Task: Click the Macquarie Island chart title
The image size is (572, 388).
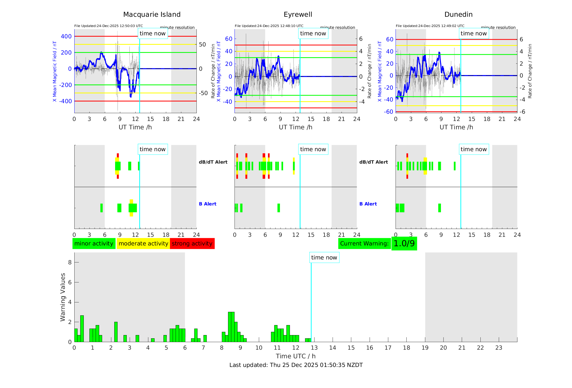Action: (152, 15)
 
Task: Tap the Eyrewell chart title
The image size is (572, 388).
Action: (298, 15)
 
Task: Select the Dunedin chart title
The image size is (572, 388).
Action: (458, 15)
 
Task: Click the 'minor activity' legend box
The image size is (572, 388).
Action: (94, 244)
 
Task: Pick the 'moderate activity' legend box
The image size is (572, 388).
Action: (143, 244)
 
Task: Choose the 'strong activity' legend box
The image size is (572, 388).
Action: (192, 244)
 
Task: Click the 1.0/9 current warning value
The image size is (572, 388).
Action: (404, 244)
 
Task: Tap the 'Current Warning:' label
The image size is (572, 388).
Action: (364, 244)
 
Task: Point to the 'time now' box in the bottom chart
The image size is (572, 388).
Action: (324, 258)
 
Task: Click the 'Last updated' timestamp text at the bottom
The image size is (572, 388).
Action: (296, 365)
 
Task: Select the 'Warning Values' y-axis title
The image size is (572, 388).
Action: (63, 297)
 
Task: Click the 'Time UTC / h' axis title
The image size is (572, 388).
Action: (296, 356)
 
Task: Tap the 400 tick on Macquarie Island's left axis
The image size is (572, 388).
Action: (66, 36)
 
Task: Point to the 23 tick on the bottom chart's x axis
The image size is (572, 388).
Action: (499, 348)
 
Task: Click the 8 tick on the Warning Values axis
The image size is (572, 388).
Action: (70, 262)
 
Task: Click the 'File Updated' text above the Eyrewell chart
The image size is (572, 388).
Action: (269, 26)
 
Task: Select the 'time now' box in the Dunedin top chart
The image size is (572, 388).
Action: (474, 33)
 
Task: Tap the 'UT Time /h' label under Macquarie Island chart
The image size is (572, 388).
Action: (135, 127)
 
